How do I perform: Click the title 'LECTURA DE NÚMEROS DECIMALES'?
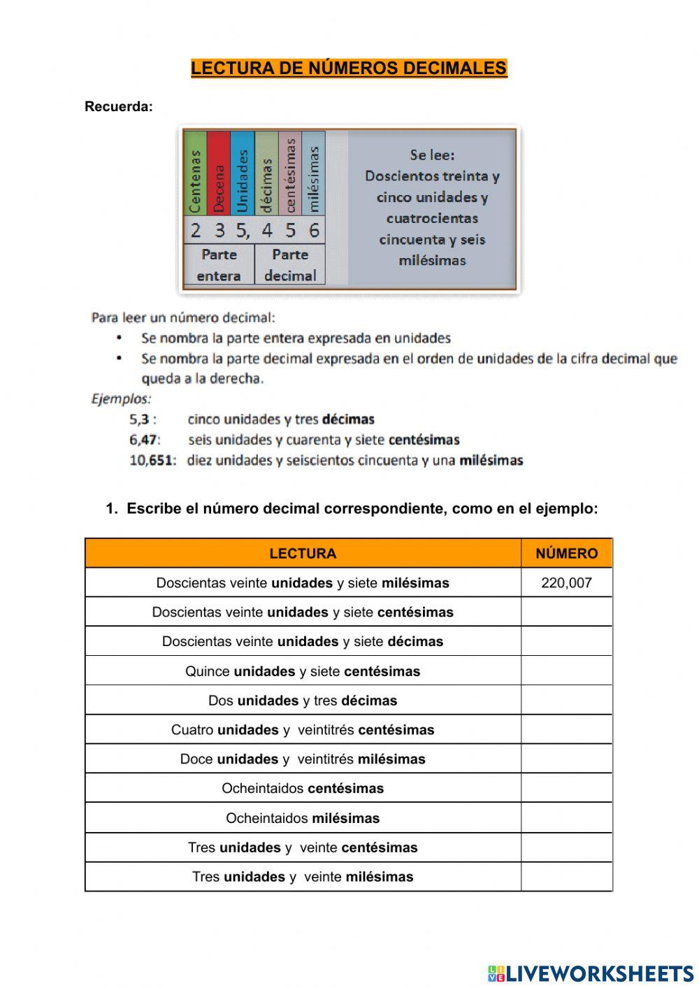tap(349, 68)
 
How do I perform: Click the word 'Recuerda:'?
tap(118, 107)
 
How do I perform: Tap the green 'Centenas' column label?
tap(195, 180)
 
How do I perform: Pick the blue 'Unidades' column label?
tap(243, 180)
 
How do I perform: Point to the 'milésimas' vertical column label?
tap(314, 178)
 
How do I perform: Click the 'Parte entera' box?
tap(219, 265)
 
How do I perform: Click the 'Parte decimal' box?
tap(290, 265)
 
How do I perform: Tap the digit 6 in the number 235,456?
tap(314, 230)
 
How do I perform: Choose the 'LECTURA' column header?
tap(303, 554)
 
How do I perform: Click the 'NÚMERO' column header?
tap(566, 554)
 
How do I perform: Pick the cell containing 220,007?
tap(566, 583)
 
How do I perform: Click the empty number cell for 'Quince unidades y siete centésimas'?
tap(566, 671)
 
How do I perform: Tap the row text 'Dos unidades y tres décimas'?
tap(303, 701)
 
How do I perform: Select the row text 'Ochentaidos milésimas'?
tap(303, 818)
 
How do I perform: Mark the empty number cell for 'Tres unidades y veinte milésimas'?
tap(566, 877)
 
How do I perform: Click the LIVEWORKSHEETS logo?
tap(591, 973)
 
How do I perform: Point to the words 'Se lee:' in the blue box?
tap(432, 155)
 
